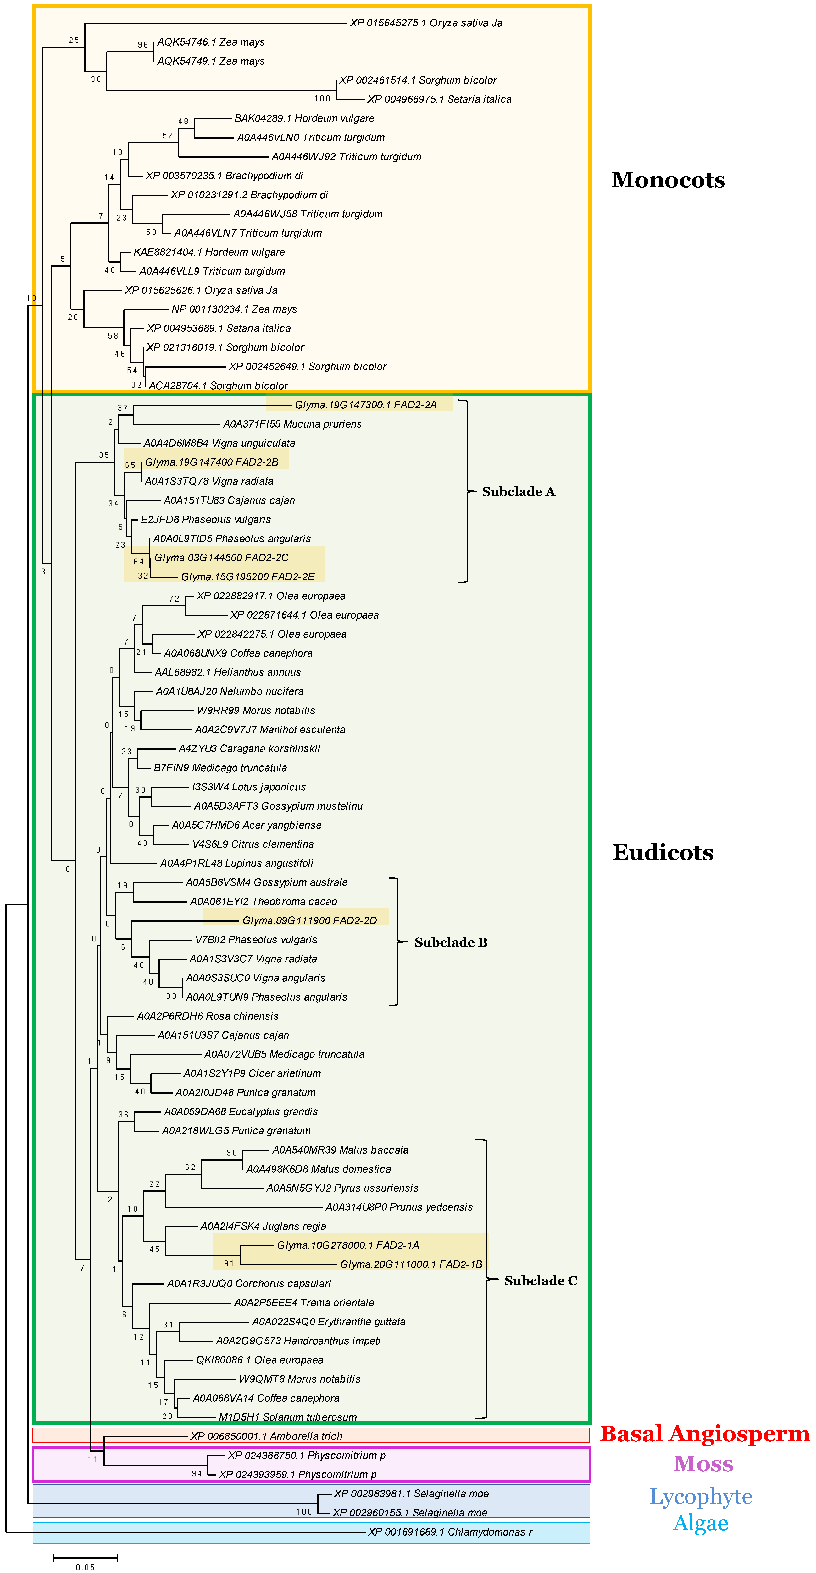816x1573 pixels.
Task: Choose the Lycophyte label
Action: click(x=701, y=1497)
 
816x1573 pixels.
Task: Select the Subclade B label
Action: click(x=451, y=942)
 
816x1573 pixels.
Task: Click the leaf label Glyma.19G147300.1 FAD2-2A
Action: click(x=365, y=405)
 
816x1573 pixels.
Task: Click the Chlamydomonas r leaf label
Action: click(x=450, y=1532)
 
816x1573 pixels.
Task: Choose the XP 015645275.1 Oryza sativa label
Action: click(x=426, y=23)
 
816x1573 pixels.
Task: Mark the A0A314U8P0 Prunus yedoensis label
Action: click(x=399, y=1207)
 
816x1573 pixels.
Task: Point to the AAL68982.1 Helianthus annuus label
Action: click(x=227, y=672)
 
